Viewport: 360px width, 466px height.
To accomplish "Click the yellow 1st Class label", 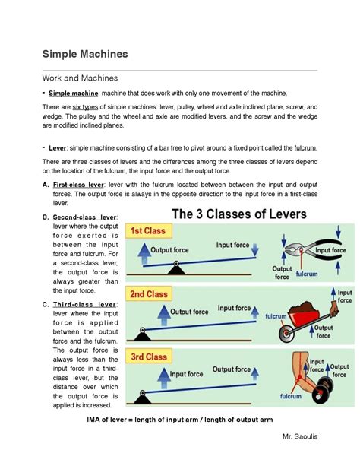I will [x=149, y=231].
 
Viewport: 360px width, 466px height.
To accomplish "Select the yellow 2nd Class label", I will [x=150, y=294].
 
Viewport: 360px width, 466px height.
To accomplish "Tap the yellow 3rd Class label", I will [x=150, y=357].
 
